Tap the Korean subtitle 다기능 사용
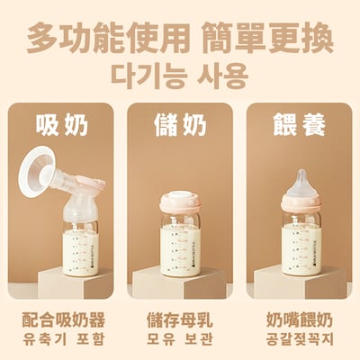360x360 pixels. pos(180,75)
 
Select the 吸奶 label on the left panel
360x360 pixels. pos(62,125)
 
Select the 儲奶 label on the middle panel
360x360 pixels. pos(180,125)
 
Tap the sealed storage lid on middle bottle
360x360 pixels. pos(180,199)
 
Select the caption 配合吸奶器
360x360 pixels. pos(62,320)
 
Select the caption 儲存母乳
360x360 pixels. pos(180,320)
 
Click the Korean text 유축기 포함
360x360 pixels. pos(62,341)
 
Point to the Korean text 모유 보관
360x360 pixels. pos(180,341)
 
